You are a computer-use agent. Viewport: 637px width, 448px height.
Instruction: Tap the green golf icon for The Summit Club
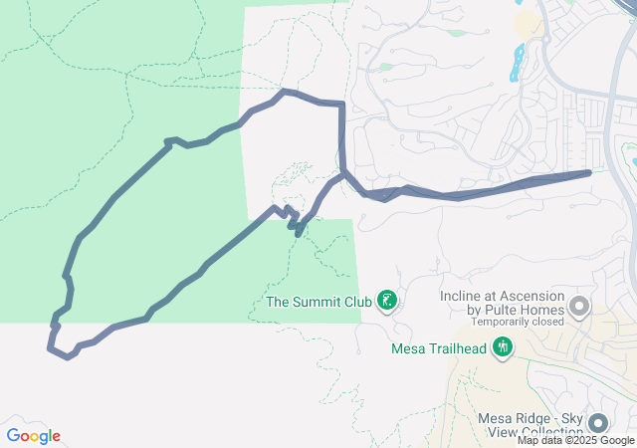[387, 301]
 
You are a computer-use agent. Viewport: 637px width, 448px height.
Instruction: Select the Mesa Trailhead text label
[439, 348]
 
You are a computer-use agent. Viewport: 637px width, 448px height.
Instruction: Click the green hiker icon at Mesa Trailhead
[503, 347]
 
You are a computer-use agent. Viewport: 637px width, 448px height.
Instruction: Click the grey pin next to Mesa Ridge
[597, 423]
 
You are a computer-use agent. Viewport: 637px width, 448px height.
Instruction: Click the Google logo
[33, 436]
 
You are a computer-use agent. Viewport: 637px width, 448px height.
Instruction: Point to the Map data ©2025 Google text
[576, 440]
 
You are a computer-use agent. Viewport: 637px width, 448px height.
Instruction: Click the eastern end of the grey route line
[589, 172]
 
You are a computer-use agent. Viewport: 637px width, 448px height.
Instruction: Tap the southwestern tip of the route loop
[50, 348]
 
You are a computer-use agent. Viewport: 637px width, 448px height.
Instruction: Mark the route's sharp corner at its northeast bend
[342, 104]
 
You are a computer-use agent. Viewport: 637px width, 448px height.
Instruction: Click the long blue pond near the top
[516, 64]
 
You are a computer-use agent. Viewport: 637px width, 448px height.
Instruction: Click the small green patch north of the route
[385, 67]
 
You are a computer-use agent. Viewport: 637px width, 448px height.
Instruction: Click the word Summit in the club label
[318, 301]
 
